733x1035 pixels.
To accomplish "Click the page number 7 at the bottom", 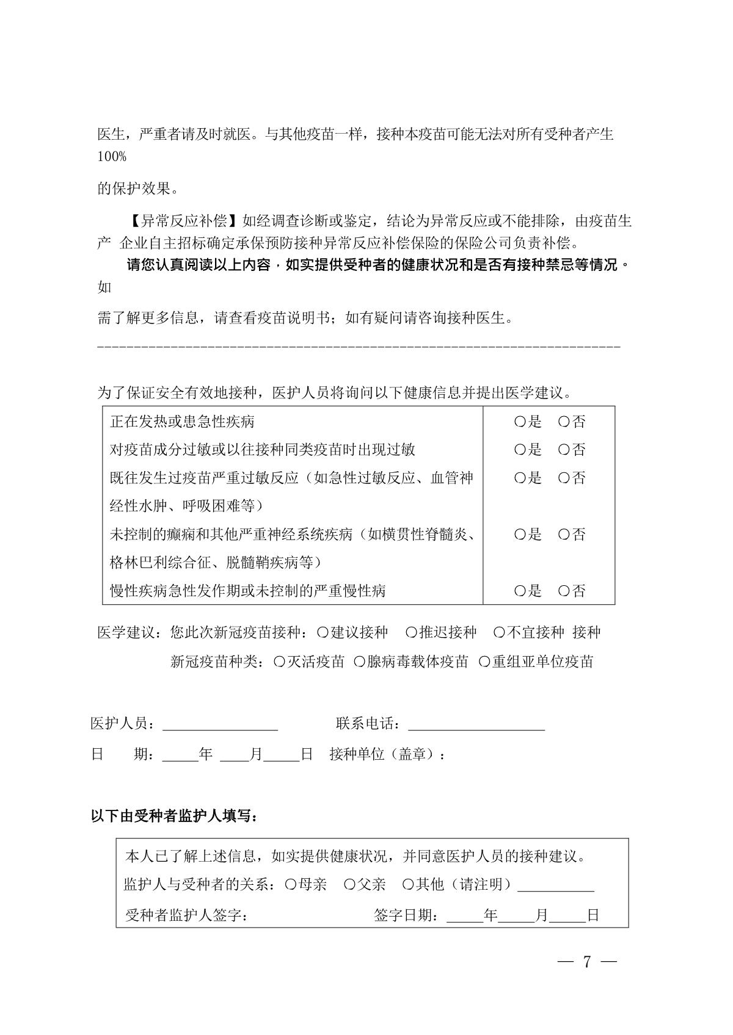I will point(587,962).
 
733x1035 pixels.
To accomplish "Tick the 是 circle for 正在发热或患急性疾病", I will point(520,422).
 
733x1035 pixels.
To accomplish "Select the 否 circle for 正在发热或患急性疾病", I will point(564,422).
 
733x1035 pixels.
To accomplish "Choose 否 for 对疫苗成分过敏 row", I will point(564,450).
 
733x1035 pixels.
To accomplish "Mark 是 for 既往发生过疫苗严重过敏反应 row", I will point(520,478).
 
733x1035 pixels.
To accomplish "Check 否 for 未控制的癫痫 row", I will point(564,535).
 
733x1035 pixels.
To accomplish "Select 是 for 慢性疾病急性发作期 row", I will point(520,591).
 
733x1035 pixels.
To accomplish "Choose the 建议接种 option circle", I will point(323,632).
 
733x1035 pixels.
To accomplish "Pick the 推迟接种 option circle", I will point(412,632).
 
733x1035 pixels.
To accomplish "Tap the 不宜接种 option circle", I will point(499,632).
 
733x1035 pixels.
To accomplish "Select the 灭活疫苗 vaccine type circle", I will point(280,662).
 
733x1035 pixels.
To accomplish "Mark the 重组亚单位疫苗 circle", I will point(484,662).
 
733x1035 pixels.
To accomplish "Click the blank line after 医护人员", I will point(220,725).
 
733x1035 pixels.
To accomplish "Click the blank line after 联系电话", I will point(476,725).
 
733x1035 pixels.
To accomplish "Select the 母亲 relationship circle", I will point(291,884).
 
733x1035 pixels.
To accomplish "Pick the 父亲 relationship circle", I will point(349,884).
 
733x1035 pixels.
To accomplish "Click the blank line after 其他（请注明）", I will point(556,886).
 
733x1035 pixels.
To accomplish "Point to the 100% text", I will point(112,157).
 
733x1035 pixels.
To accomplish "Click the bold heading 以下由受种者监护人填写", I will point(174,816).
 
